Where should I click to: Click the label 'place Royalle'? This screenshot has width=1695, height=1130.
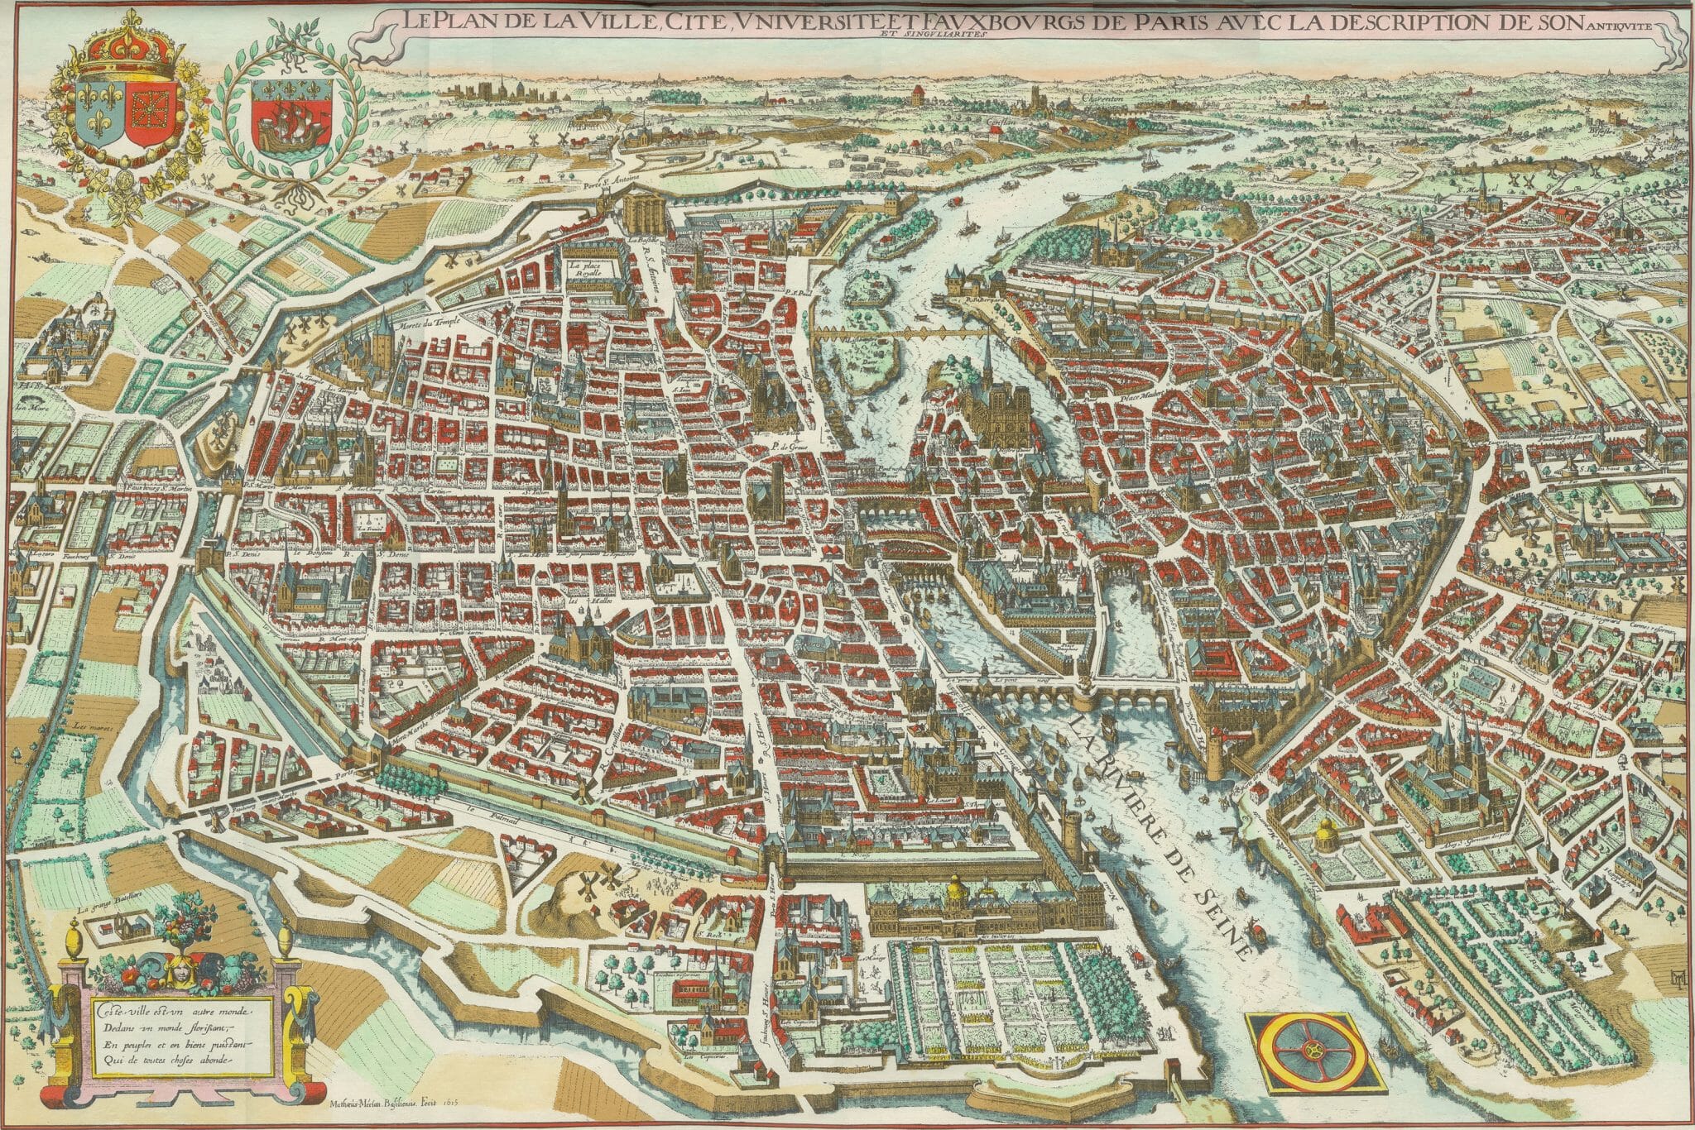[587, 271]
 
